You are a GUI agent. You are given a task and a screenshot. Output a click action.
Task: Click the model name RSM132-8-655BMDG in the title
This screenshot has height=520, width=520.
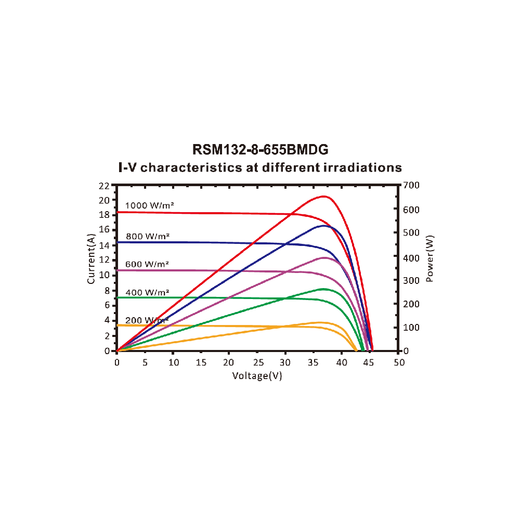[x=261, y=150]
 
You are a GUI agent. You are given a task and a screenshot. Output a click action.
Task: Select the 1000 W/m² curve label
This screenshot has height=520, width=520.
[x=149, y=205]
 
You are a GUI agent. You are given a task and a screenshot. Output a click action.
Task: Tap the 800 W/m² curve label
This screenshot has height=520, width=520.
[x=147, y=236]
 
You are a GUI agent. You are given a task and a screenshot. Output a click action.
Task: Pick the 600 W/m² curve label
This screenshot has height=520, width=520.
[x=147, y=264]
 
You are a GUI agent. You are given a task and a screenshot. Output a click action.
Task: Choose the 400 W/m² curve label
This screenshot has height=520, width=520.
[x=147, y=292]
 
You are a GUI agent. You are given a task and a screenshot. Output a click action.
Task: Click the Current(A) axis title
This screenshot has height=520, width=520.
[x=91, y=259]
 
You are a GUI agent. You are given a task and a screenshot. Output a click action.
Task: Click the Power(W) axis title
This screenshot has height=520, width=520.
[x=430, y=259]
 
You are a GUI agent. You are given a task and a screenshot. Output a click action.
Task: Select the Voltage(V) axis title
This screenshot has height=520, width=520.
[x=257, y=375]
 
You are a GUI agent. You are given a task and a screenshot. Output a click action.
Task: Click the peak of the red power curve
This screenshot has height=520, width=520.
[x=324, y=196]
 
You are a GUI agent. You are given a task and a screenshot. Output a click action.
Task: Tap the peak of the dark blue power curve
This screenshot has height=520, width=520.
[x=324, y=226]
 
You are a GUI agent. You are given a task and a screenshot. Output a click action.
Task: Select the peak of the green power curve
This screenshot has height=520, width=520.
[x=323, y=289]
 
